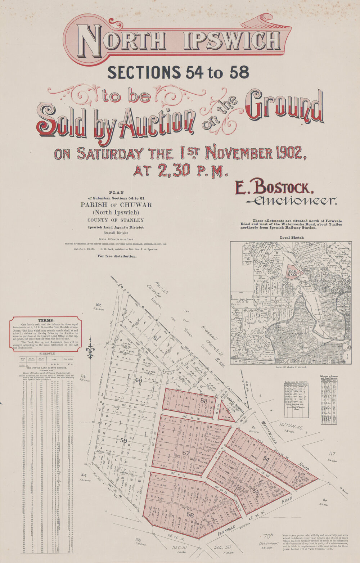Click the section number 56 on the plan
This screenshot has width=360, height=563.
[x=190, y=515]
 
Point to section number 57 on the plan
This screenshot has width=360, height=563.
[x=186, y=453]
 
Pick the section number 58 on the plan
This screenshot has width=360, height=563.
[x=204, y=401]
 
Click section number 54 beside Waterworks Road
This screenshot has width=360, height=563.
[x=266, y=459]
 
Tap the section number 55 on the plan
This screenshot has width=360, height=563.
[x=256, y=491]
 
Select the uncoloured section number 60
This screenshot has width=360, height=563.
[x=138, y=380]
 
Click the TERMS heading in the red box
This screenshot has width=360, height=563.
[x=46, y=320]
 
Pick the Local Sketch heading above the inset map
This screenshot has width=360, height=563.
[x=291, y=237]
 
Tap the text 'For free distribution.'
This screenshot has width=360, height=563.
[x=117, y=256]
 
